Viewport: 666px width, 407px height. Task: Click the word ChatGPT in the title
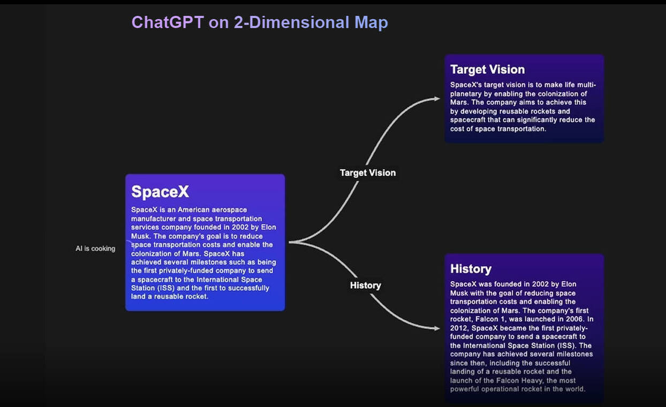[x=168, y=22]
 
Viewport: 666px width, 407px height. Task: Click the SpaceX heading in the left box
[x=160, y=192]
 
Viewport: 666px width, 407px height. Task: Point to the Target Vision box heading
[x=487, y=70]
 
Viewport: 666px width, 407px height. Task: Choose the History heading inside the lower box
[x=471, y=269]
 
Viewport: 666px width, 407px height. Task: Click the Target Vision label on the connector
[x=368, y=173]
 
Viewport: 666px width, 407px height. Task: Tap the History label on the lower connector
[x=366, y=285]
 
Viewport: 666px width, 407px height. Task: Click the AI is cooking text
[x=95, y=248]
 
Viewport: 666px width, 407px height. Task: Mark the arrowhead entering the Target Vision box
[x=437, y=99]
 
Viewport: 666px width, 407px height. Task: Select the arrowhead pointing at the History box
[x=437, y=328]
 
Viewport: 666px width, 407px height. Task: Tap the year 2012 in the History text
[x=459, y=328]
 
